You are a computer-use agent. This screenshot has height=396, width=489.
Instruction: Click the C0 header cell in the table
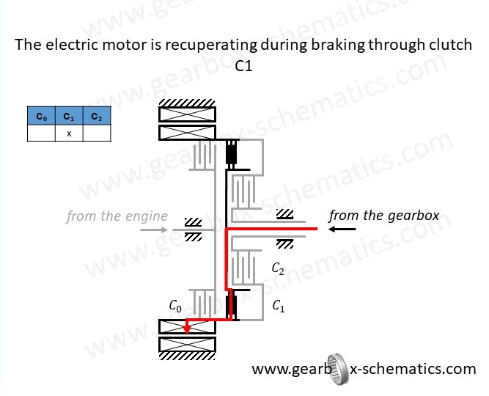(41, 117)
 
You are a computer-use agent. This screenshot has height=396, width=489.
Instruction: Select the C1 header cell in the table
(69, 117)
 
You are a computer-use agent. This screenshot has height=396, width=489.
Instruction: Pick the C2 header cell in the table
(97, 117)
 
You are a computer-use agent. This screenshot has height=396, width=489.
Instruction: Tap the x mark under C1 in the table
(69, 133)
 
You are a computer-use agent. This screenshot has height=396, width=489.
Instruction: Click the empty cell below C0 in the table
(41, 133)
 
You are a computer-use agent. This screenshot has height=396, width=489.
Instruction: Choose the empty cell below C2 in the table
(97, 133)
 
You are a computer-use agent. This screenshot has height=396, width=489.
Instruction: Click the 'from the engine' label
(117, 216)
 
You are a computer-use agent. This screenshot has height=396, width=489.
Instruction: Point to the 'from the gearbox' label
(383, 216)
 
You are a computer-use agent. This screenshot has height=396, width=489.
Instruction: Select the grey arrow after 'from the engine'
(163, 230)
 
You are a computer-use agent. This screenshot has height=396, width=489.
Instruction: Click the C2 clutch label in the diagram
(278, 268)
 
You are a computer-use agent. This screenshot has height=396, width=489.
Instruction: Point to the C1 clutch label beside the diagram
(279, 307)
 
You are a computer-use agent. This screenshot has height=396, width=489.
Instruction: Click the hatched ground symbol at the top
(187, 102)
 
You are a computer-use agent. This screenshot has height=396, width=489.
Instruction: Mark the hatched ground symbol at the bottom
(187, 356)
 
